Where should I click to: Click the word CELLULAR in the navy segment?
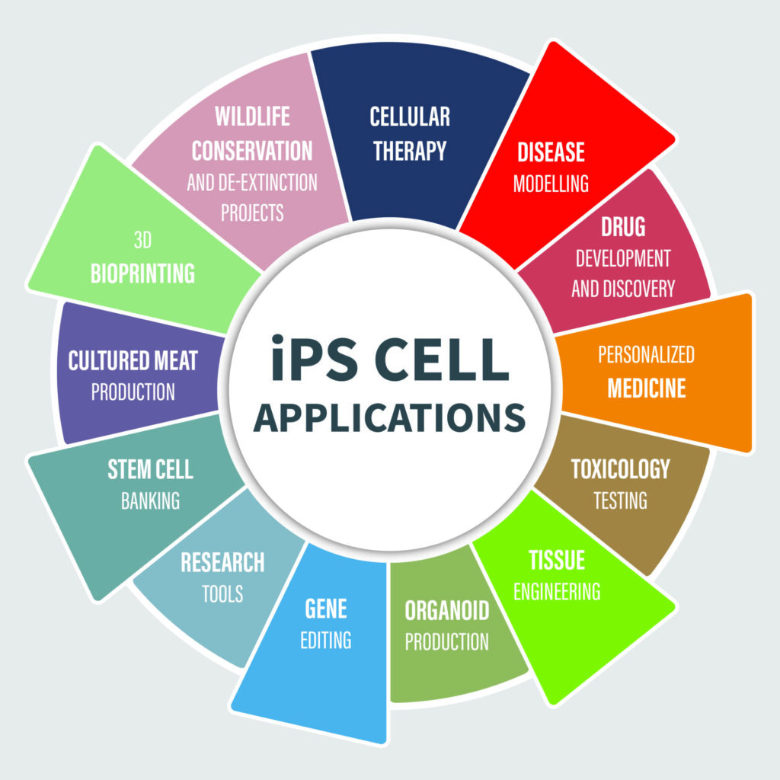[x=410, y=117]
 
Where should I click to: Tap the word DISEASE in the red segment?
[x=551, y=152]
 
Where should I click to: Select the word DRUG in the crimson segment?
[x=622, y=226]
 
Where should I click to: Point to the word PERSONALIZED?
[x=646, y=355]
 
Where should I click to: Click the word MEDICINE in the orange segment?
[x=646, y=388]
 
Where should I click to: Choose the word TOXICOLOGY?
[x=620, y=468]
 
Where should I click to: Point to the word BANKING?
[x=150, y=500]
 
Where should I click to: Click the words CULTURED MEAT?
[x=133, y=360]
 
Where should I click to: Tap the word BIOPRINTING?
[x=142, y=273]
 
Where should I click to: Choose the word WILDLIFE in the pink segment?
[x=252, y=117]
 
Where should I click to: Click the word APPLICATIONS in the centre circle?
[x=389, y=418]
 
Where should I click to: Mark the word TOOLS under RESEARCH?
[x=222, y=593]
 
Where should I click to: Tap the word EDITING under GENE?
[x=326, y=640]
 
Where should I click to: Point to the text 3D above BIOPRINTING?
[x=142, y=241]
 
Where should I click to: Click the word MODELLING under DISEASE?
[x=551, y=184]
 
